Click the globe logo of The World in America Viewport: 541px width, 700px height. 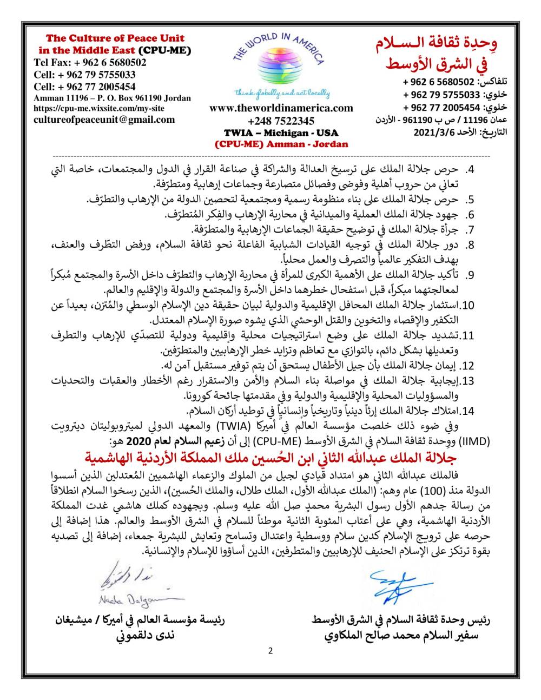pyautogui.click(x=280, y=65)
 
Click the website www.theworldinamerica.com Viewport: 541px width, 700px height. pyautogui.click(x=281, y=108)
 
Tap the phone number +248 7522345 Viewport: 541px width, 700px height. pyautogui.click(x=281, y=120)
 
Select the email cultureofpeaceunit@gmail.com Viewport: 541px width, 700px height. pyautogui.click(x=104, y=120)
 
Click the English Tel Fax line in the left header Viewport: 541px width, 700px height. pyautogui.click(x=90, y=62)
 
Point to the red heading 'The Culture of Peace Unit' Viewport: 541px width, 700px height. pyautogui.click(x=115, y=38)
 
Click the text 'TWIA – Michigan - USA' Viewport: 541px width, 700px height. pyautogui.click(x=281, y=133)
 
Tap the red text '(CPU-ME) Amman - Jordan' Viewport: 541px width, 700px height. pyautogui.click(x=281, y=144)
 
